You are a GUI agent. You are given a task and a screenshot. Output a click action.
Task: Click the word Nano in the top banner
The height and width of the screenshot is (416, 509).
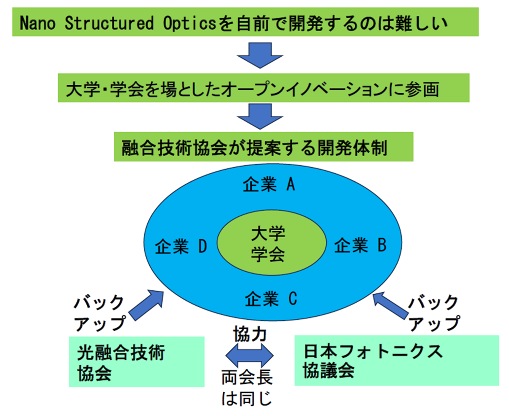(x=37, y=23)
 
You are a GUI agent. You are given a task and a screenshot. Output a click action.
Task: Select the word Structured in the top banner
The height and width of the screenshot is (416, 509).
(x=109, y=23)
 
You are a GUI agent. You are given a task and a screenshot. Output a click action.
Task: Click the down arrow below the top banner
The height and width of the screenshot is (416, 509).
(x=260, y=55)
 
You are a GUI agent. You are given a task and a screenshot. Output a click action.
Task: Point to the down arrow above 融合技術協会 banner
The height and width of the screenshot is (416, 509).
(x=260, y=116)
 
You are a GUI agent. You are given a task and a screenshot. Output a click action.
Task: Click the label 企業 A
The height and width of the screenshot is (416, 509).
(x=269, y=184)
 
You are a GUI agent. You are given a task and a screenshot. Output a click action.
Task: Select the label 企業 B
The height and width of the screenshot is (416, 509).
(x=360, y=245)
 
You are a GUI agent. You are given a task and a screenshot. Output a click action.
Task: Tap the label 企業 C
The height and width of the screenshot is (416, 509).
(x=271, y=299)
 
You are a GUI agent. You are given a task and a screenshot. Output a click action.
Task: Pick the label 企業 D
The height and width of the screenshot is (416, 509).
(x=181, y=246)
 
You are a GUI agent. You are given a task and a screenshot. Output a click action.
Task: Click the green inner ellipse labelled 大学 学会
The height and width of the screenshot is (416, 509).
(x=271, y=243)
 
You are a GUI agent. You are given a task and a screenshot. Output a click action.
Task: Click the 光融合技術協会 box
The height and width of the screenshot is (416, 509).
(x=136, y=361)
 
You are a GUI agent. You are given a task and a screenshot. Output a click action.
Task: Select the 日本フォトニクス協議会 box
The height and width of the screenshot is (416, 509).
(x=397, y=360)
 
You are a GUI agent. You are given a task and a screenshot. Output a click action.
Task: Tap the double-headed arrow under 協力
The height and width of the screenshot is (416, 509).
(x=250, y=355)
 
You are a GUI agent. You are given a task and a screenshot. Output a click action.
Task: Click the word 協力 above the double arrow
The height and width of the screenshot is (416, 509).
(x=250, y=334)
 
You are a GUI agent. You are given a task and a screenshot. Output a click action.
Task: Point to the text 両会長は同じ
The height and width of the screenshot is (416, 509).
(x=247, y=387)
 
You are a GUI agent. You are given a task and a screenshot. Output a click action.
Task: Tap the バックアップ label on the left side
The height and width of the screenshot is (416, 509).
(x=100, y=313)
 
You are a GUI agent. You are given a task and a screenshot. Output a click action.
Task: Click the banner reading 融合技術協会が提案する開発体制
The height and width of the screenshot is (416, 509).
(x=264, y=146)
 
